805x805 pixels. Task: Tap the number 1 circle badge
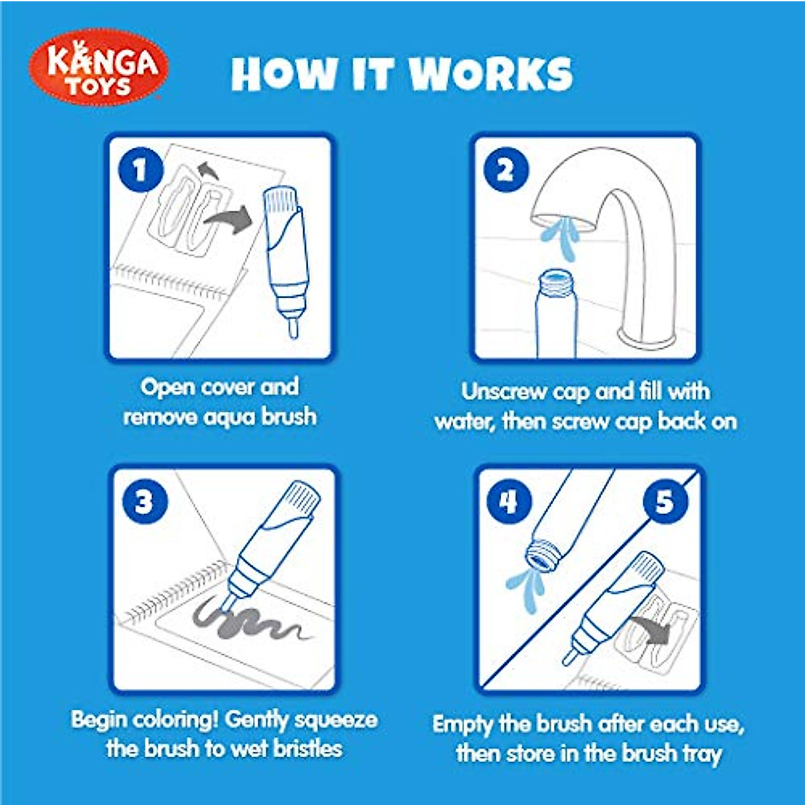click(x=140, y=170)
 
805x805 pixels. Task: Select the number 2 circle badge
click(x=506, y=170)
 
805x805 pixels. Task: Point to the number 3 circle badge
click(x=144, y=502)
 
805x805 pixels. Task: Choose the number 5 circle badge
click(x=664, y=501)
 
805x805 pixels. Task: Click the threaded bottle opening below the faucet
click(x=555, y=280)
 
